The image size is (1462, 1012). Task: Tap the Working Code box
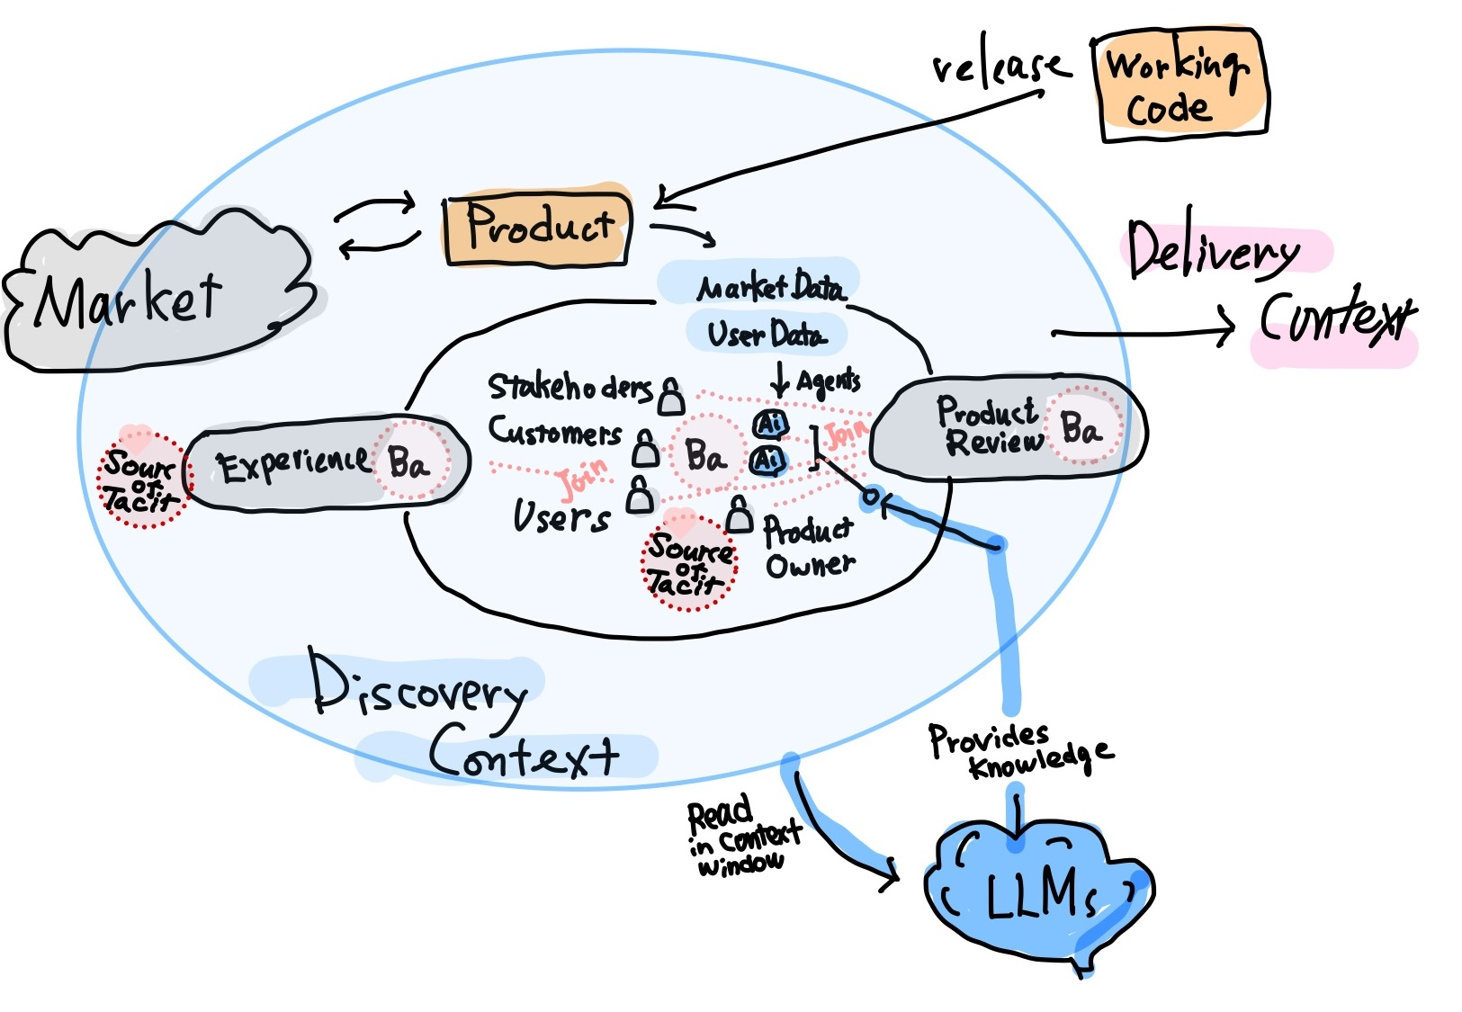(1179, 85)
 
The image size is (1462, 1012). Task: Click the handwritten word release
(999, 67)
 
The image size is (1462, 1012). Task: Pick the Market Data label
(770, 287)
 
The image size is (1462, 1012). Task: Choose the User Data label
(765, 334)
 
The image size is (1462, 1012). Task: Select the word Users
(561, 516)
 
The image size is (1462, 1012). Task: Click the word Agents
(829, 381)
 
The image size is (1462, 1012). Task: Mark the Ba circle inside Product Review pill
(1081, 427)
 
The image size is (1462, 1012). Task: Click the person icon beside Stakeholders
(670, 396)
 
